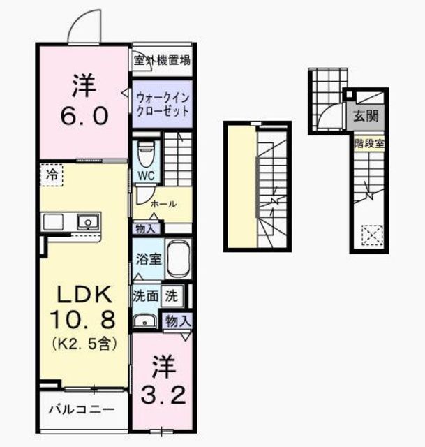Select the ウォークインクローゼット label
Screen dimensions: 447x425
tap(162, 103)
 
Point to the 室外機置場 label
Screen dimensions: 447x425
tap(163, 61)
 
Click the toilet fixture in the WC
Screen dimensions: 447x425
tap(145, 152)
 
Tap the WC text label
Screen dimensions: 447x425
tap(145, 174)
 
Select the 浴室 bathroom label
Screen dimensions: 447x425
tap(149, 259)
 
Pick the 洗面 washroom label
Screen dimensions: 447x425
tap(145, 295)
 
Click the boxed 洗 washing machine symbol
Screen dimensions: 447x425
tap(171, 295)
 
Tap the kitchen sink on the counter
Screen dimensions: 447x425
tap(89, 221)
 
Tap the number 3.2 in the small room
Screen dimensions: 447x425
tap(165, 396)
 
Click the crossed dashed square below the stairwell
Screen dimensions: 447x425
tap(368, 234)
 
